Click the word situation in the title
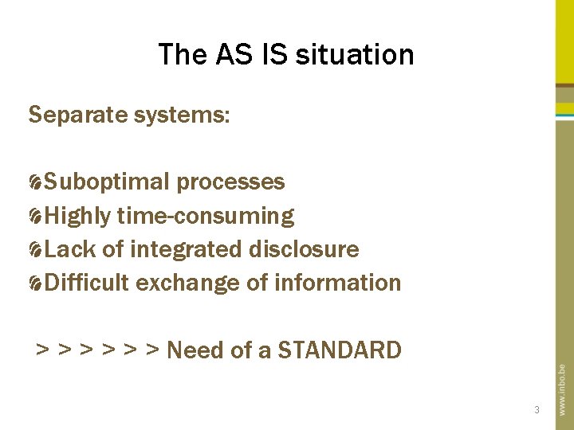[355, 54]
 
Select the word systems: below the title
[180, 115]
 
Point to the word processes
[230, 182]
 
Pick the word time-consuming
[206, 216]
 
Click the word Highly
[78, 216]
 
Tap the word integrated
[186, 249]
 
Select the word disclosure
[304, 249]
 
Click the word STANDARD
[340, 350]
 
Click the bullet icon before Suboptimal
[35, 183]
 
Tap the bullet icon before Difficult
[35, 284]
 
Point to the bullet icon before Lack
[35, 251]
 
